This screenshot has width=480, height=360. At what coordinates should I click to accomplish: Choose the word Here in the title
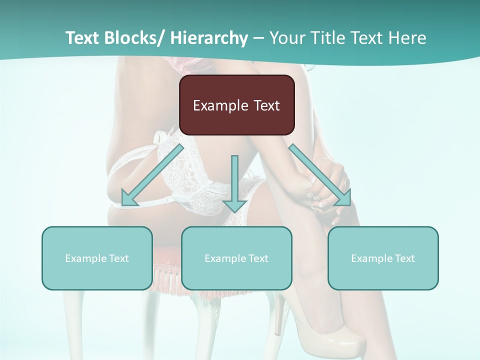pyautogui.click(x=408, y=38)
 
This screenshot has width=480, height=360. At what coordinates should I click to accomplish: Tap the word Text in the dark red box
pyautogui.click(x=265, y=105)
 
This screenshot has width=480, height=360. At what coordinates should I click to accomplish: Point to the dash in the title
pyautogui.click(x=258, y=38)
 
